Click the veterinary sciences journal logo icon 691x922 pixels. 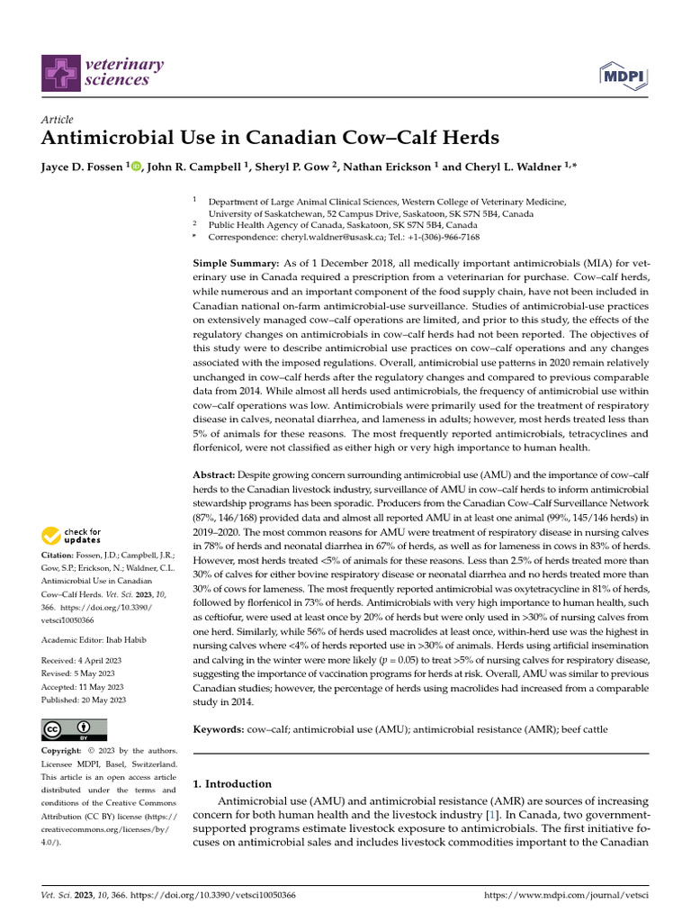point(59,72)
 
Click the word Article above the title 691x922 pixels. point(58,120)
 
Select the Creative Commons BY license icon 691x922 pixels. point(75,729)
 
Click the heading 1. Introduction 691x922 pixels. point(232,783)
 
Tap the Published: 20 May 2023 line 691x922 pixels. point(84,700)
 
